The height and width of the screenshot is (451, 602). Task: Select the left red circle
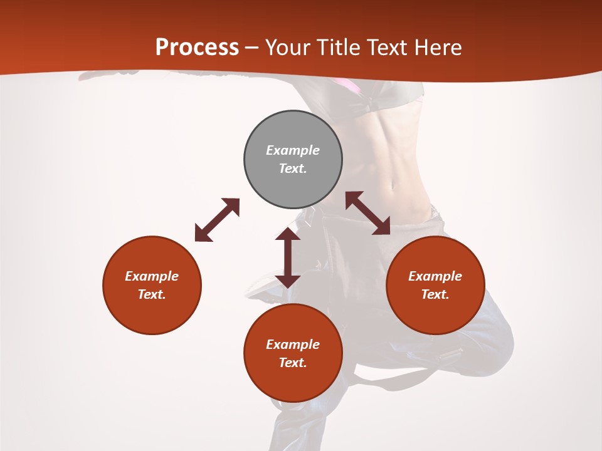tap(152, 285)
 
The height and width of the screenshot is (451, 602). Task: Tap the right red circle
tap(435, 285)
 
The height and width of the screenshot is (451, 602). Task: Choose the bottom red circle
tap(293, 353)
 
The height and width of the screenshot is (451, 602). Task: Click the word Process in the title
tap(197, 47)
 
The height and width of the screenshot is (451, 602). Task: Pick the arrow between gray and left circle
tap(217, 220)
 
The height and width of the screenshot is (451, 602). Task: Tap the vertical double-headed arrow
tap(288, 257)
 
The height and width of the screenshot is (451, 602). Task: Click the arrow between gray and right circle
tap(368, 213)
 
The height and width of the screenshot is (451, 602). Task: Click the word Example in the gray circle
tap(293, 150)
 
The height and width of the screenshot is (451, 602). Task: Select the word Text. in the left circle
tap(152, 294)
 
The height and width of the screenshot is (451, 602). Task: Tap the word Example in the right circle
tap(435, 276)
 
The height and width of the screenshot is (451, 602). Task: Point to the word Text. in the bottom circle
tap(293, 363)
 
